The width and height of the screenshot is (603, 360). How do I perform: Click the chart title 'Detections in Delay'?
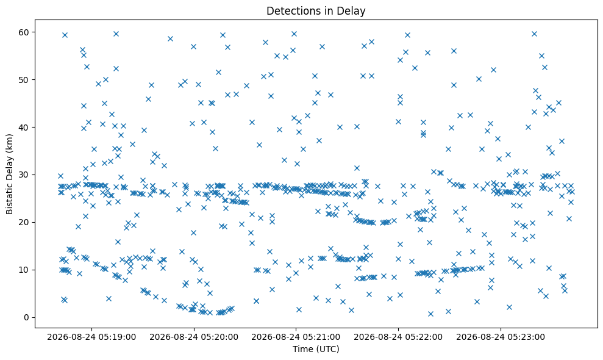coord(316,11)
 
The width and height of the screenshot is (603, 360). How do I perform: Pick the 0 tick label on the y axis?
coord(27,317)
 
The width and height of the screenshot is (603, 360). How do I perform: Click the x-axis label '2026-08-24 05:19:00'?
coord(91,337)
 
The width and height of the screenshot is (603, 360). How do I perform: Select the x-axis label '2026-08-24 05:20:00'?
coord(194,337)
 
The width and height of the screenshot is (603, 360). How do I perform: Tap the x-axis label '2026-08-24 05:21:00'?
coord(296,337)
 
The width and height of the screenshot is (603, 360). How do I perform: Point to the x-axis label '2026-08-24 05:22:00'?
coord(398,337)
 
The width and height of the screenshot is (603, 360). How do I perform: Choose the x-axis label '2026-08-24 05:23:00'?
coord(501,337)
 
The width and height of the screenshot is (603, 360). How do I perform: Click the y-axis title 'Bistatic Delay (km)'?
coord(9,174)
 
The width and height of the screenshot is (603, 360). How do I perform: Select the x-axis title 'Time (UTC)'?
coord(316,349)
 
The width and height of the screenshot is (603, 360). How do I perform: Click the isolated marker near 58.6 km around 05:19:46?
coord(170,38)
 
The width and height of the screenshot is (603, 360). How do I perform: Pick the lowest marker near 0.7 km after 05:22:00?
coord(430,314)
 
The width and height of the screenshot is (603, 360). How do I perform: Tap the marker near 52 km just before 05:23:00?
coord(493,70)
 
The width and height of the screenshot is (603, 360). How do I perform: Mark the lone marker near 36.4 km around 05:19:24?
coord(132,144)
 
